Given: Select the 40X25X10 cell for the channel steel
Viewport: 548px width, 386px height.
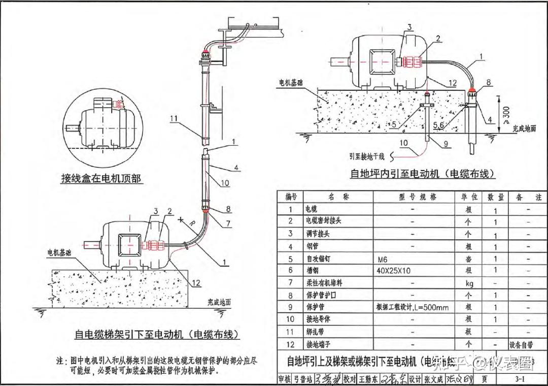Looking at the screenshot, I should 394,271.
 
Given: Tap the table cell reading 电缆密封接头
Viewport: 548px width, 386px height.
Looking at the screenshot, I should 322,221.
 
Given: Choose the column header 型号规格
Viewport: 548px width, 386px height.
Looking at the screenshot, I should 413,197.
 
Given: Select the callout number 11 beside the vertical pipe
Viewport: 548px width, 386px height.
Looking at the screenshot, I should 174,119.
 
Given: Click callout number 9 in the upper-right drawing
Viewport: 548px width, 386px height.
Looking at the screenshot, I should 446,144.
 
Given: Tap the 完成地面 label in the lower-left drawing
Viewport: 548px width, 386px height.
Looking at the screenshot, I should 219,302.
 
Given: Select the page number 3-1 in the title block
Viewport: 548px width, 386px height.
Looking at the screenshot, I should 520,379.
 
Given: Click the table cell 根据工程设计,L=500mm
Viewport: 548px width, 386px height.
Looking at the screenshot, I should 412,307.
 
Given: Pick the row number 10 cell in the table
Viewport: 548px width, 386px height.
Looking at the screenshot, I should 290,319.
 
